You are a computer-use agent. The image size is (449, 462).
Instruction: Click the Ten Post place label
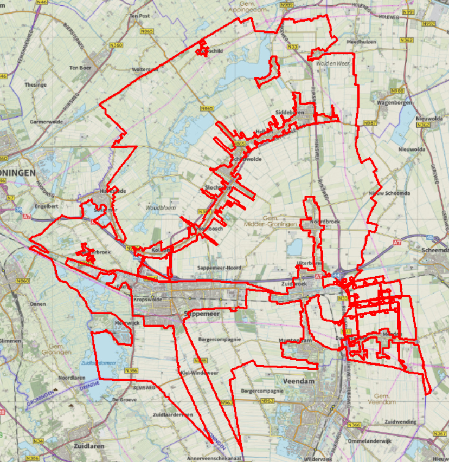coord(139,16)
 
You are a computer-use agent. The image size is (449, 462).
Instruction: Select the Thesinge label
coord(35,85)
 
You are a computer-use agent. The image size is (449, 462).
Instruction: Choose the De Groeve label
coord(122,399)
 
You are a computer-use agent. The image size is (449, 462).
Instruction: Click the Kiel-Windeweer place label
coord(199,373)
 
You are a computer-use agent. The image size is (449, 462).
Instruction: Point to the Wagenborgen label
coord(395,102)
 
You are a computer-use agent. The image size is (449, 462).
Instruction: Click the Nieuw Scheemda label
coord(389,193)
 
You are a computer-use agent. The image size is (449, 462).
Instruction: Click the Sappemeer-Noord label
coord(219,268)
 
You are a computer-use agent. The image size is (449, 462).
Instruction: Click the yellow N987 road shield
coord(370,123)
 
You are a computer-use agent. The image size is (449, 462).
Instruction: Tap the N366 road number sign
coord(354,425)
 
